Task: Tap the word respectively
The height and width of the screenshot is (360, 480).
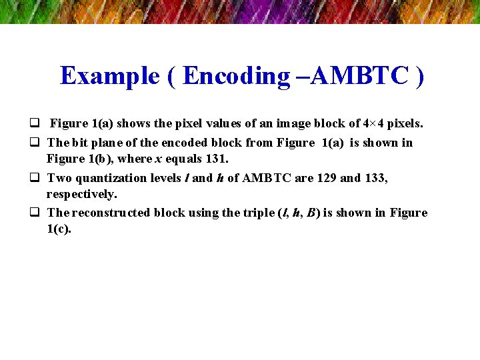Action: point(81,194)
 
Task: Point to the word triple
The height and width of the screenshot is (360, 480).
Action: point(256,213)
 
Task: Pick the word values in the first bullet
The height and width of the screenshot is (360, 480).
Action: point(209,123)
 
